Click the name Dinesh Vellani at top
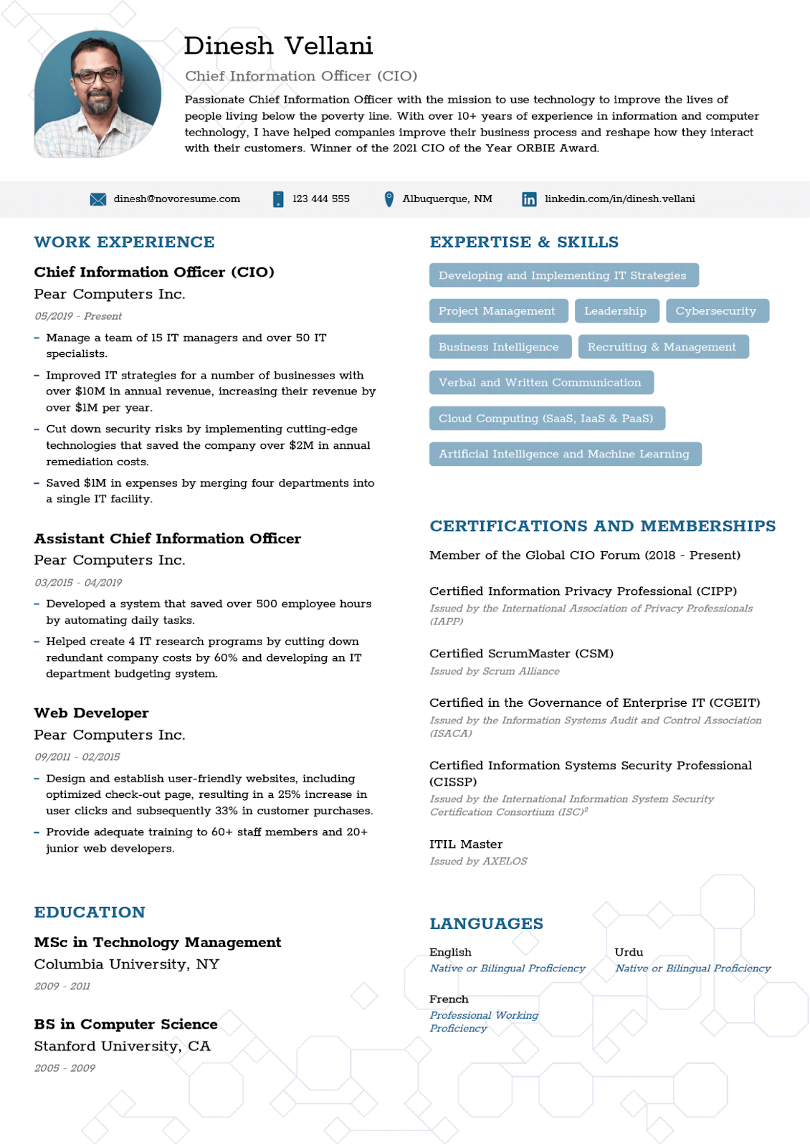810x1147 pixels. (278, 46)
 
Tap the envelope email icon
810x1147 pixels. (98, 199)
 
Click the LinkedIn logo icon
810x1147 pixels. (529, 199)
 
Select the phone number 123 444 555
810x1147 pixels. (320, 199)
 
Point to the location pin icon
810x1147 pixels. (389, 199)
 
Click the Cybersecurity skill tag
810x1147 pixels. (715, 311)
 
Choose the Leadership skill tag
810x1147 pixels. (615, 311)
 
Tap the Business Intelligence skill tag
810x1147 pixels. (499, 347)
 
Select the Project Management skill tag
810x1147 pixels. (497, 311)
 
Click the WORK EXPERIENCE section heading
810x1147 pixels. (124, 242)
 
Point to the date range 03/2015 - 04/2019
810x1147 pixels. (78, 583)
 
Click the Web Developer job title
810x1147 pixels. (91, 713)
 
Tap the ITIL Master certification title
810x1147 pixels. (466, 844)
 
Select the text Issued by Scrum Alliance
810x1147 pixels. (495, 672)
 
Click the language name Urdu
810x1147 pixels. (629, 952)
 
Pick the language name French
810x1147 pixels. (449, 999)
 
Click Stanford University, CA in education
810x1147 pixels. (123, 1047)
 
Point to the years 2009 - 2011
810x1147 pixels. (62, 986)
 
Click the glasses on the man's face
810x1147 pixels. (96, 75)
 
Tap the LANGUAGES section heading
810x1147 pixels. (486, 924)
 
